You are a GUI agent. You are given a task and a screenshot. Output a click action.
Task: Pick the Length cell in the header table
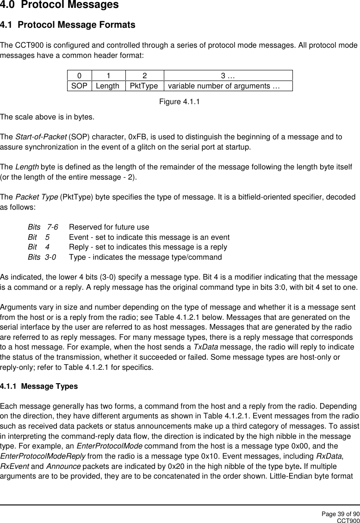coord(108,86)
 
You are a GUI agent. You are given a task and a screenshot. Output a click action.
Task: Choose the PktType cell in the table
coord(144,86)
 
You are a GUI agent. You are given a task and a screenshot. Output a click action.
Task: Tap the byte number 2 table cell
coord(144,75)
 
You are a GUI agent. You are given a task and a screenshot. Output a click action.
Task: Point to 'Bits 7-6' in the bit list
coord(43,227)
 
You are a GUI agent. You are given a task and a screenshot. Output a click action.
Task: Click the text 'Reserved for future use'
coord(109,227)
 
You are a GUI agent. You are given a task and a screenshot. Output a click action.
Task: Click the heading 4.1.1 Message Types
coord(39,386)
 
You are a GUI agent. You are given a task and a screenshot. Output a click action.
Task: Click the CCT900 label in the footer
coord(348,520)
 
